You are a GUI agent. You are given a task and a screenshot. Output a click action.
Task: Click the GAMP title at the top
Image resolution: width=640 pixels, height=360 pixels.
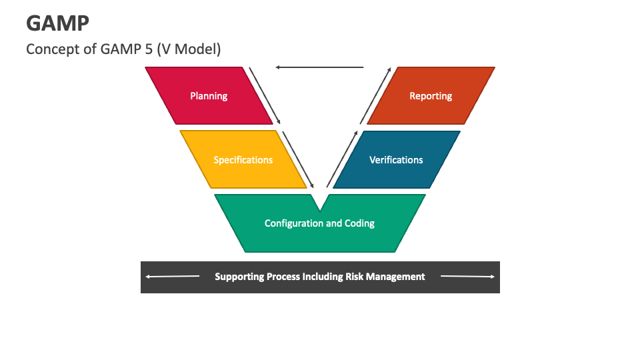[58, 23]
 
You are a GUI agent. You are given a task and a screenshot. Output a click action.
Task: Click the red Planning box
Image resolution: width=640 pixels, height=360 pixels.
[209, 96]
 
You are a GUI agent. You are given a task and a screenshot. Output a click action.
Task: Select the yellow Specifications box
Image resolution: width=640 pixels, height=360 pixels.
[243, 160]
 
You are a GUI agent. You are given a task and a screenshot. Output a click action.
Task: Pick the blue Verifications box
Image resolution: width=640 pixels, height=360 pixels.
[396, 160]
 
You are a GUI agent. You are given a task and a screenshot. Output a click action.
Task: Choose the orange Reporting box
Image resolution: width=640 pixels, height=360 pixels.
[431, 96]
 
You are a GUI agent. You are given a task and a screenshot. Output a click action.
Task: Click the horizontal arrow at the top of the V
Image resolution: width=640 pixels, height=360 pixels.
[319, 67]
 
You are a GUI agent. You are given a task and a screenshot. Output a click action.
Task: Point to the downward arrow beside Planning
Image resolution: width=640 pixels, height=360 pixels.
[265, 95]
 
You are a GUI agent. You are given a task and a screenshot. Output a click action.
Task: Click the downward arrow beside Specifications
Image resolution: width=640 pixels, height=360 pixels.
[299, 160]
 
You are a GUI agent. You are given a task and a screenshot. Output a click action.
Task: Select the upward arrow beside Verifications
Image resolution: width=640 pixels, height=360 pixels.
[341, 160]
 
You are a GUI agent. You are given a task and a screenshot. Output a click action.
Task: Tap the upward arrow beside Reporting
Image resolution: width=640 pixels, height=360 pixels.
[375, 95]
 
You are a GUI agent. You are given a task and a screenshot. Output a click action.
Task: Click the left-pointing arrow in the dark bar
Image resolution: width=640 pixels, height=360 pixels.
[172, 277]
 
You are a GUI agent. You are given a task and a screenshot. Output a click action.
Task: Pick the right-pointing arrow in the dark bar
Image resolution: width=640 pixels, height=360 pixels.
[467, 277]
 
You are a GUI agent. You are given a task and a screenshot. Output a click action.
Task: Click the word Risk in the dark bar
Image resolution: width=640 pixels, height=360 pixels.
[356, 277]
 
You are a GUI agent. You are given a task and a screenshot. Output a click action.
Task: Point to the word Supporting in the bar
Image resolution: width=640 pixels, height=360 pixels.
[239, 277]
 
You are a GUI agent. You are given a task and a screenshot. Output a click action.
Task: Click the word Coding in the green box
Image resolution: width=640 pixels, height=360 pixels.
[359, 223]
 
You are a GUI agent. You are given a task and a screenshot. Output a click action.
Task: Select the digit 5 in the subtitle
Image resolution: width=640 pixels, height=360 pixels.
[149, 49]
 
